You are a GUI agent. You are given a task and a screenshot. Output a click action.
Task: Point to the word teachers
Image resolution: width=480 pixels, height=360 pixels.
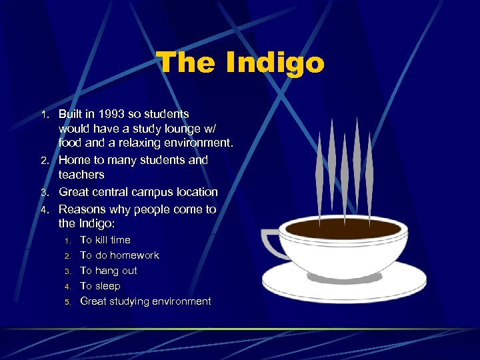pos(81,175)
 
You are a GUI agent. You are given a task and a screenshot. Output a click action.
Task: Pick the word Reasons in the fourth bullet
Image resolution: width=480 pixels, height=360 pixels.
pos(83,209)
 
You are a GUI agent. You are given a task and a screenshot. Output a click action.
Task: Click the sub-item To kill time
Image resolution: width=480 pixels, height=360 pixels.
pos(105,240)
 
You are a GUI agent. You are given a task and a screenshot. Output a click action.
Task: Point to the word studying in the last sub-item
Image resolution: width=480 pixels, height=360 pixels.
pos(137,301)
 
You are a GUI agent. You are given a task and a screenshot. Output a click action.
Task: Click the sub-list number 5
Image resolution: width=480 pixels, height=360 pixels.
pos(67,302)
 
